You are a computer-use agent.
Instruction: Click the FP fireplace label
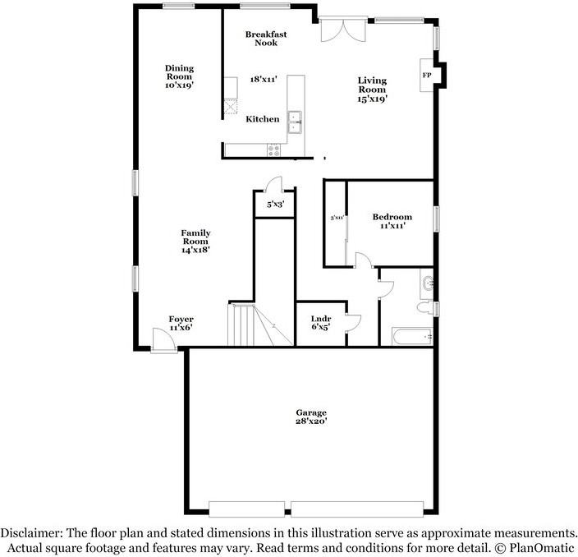coord(426,75)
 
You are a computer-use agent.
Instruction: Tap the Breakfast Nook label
coord(266,39)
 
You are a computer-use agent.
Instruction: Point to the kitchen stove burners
coord(273,149)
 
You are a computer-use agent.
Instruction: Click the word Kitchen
coord(263,120)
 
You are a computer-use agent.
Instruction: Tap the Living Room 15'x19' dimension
coord(371,98)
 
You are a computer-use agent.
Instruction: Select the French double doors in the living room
coord(339,31)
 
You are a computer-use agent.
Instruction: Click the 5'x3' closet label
coord(275,205)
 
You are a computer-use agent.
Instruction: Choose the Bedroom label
coord(392,217)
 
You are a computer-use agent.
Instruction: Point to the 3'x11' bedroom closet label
coord(336,219)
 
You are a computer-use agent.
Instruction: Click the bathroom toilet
coord(424,308)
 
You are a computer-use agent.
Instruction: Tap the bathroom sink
coord(427,284)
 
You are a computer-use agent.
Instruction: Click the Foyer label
coord(181,320)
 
